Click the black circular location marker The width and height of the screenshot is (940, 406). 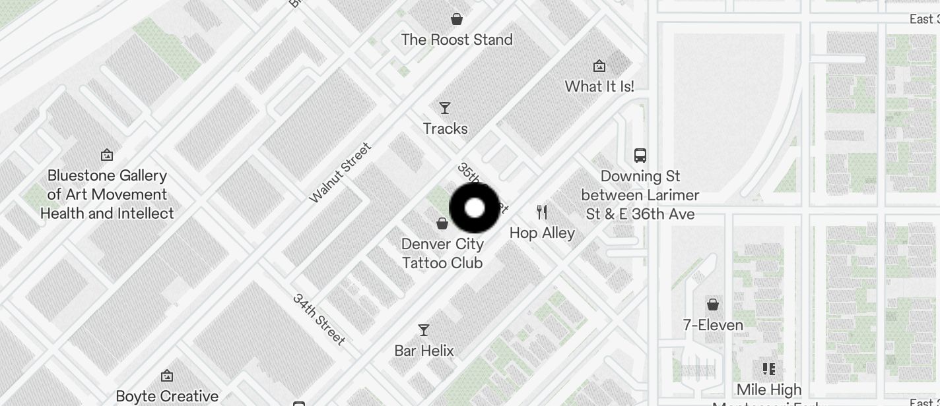click(475, 208)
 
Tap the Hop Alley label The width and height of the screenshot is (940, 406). click(542, 233)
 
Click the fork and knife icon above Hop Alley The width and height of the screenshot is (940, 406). click(542, 212)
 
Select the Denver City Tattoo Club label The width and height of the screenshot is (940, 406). click(442, 253)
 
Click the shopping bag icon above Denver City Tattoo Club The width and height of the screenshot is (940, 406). click(442, 224)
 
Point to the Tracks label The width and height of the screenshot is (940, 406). click(446, 129)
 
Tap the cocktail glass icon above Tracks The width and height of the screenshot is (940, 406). click(445, 108)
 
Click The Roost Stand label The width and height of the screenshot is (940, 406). click(457, 40)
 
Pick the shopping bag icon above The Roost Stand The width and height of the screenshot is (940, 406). click(456, 19)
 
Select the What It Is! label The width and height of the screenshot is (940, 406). click(599, 86)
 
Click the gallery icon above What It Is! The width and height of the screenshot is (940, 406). click(599, 66)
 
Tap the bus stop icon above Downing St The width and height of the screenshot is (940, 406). click(640, 156)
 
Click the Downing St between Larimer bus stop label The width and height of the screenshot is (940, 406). click(640, 195)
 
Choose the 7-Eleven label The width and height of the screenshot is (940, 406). click(713, 325)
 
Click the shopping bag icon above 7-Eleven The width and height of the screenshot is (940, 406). click(713, 304)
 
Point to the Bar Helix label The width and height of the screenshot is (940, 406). click(424, 351)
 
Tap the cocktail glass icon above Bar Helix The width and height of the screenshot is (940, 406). click(424, 330)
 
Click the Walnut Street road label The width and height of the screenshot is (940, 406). click(341, 173)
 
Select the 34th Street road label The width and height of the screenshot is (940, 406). click(319, 320)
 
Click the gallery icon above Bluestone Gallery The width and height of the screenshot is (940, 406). click(107, 156)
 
